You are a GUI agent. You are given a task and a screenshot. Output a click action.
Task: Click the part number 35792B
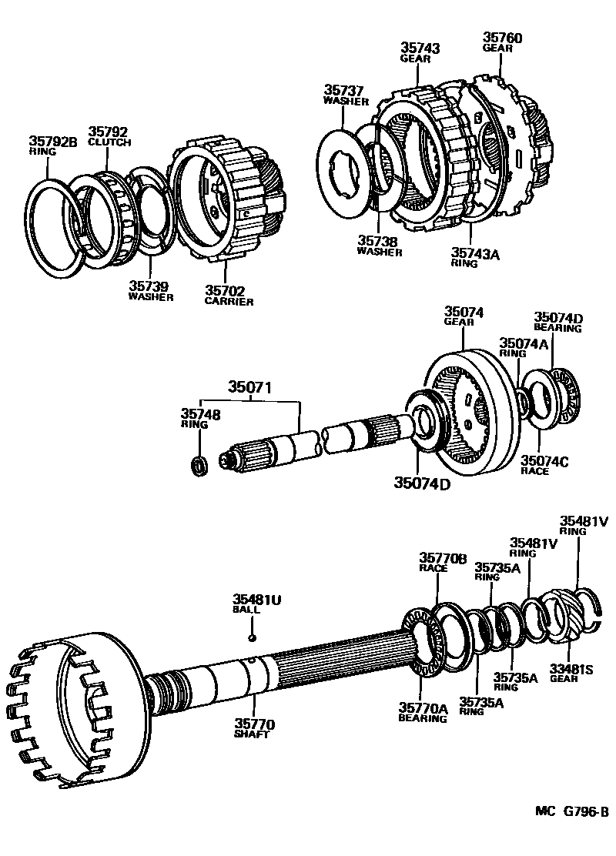pyautogui.click(x=54, y=141)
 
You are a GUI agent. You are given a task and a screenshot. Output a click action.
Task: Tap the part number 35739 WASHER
pyautogui.click(x=150, y=292)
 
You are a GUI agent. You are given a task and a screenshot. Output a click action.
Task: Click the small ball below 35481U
pyautogui.click(x=251, y=637)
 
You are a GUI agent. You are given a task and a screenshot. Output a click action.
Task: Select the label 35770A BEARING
pyautogui.click(x=422, y=712)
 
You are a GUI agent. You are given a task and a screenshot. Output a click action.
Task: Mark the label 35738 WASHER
pyautogui.click(x=379, y=245)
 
